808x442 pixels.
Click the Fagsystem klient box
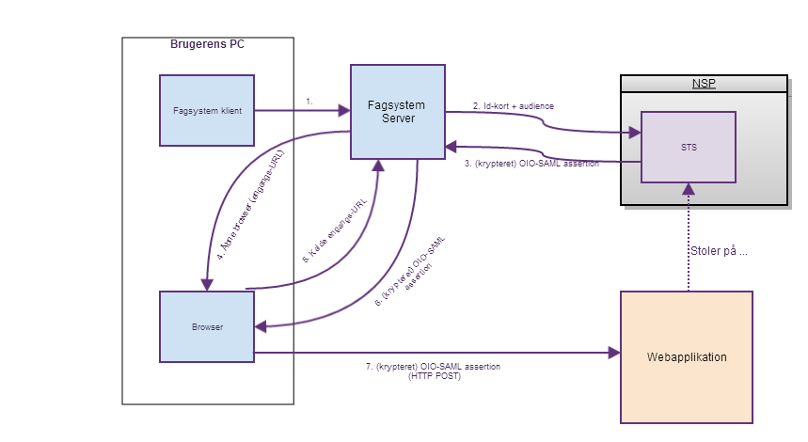pos(207,111)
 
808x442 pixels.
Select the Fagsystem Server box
pos(398,111)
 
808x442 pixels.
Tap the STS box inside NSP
pos(688,147)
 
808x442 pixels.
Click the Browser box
pos(207,326)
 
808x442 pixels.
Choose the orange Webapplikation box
pos(687,357)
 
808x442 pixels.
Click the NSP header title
pos(704,84)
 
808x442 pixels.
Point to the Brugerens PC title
pos(208,44)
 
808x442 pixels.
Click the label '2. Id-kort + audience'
pos(513,106)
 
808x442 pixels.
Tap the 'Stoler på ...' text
pos(719,251)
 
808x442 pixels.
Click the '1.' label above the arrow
pos(309,101)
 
